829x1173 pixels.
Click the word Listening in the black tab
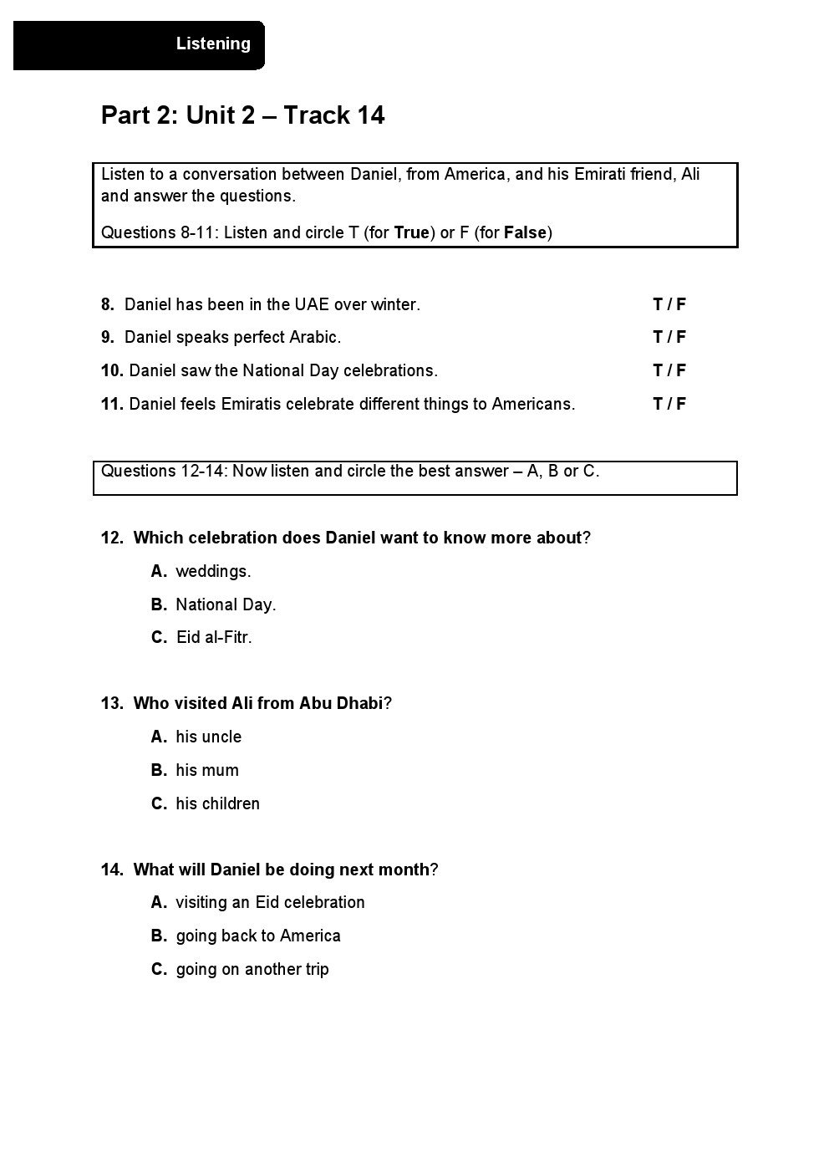pos(213,44)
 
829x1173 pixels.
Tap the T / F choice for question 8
pos(669,305)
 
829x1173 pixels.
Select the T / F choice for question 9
pos(669,338)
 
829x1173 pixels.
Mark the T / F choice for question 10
pos(669,371)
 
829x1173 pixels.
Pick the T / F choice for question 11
pos(669,405)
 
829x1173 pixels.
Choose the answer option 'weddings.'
pos(213,572)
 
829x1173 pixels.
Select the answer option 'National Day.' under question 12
pos(226,605)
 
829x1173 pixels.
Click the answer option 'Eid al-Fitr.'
pos(214,638)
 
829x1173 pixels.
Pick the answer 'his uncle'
pos(208,737)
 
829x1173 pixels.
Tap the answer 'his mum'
pos(207,771)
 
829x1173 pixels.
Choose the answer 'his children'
pos(217,804)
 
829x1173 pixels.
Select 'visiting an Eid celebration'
pos(270,903)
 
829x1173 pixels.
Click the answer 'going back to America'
pos(258,936)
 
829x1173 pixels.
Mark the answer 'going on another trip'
pos(252,970)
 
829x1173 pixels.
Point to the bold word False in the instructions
pos(525,233)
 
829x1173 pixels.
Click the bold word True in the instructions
pos(411,233)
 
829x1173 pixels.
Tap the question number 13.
pos(111,704)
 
